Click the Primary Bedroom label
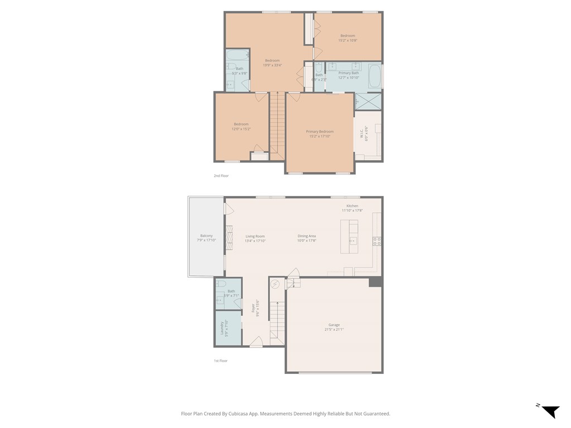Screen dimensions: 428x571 (x=320, y=132)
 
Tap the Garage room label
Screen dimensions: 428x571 (x=334, y=325)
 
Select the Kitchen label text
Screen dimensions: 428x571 (x=352, y=206)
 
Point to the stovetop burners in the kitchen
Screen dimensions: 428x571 (x=377, y=241)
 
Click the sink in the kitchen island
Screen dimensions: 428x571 (x=353, y=241)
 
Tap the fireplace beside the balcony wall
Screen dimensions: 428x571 (x=229, y=237)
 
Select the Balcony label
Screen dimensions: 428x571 (x=206, y=236)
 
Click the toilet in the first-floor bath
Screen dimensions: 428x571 (x=221, y=284)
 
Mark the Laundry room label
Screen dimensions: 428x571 (x=222, y=328)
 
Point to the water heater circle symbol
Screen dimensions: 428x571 (x=274, y=284)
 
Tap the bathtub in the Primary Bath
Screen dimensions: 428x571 (x=374, y=76)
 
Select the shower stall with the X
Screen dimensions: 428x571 (x=368, y=101)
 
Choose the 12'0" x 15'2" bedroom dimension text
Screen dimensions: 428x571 (x=241, y=129)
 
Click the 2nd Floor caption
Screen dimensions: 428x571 (x=221, y=176)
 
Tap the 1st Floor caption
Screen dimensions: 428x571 (x=221, y=361)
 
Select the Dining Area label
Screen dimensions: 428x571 (x=307, y=236)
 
